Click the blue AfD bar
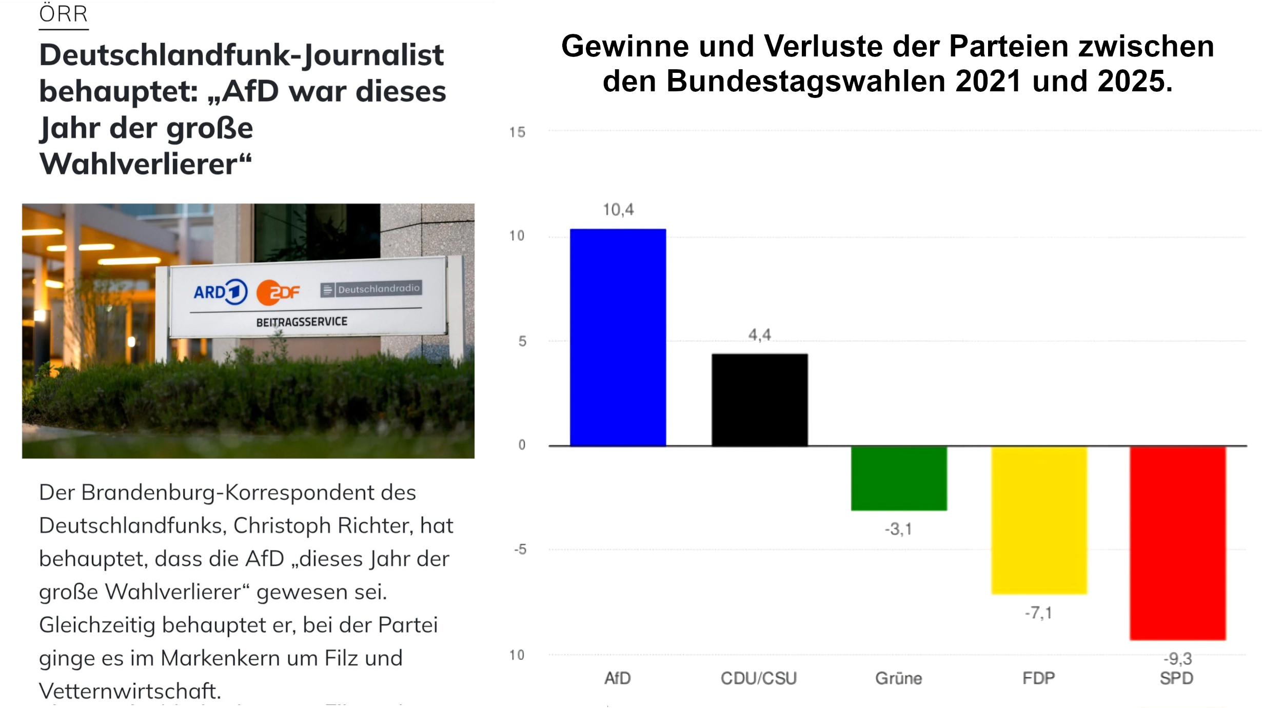pos(618,338)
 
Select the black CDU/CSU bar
pos(759,400)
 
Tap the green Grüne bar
pos(899,478)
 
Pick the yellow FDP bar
pos(1039,520)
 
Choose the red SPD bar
pos(1177,543)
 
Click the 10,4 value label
pos(618,209)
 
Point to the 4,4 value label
pos(759,335)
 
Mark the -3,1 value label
pos(898,529)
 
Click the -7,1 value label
pos(1038,613)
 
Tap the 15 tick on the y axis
pos(517,132)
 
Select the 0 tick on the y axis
pos(522,445)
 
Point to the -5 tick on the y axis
pos(520,549)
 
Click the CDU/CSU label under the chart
pos(759,678)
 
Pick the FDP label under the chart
pos(1038,678)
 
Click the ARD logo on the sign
pos(220,292)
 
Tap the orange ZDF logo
pos(278,292)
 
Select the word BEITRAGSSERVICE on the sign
pos(302,322)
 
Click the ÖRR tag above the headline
pos(64,14)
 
